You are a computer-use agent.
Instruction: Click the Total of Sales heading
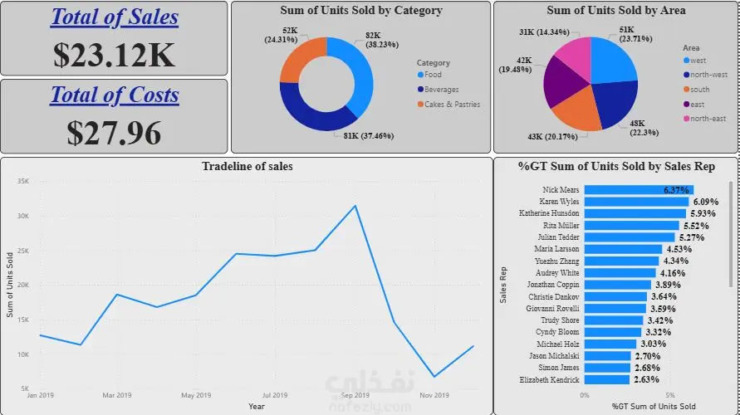point(115,17)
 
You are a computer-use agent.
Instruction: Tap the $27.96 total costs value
point(115,132)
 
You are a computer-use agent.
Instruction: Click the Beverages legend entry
point(441,90)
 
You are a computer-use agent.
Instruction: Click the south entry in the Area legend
point(699,90)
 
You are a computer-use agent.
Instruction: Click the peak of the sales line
point(355,206)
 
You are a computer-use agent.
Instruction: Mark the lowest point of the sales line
point(434,377)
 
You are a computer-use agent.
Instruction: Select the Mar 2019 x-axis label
point(117,395)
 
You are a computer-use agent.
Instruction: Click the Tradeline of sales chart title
point(247,167)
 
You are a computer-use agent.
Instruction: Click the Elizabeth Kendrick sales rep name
point(549,379)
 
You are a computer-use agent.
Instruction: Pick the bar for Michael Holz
point(610,344)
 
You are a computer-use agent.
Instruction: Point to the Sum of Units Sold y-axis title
point(10,285)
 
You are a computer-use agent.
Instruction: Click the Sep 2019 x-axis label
point(355,395)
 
